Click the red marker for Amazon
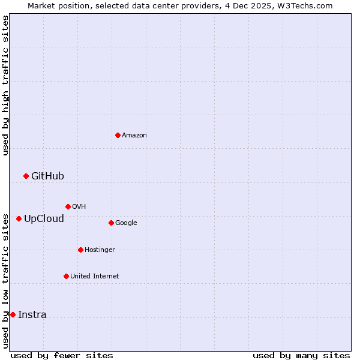click(x=118, y=135)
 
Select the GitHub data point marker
click(x=26, y=176)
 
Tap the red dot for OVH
click(x=68, y=206)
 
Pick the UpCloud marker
click(x=19, y=218)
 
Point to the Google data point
click(x=111, y=223)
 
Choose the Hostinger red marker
click(x=80, y=250)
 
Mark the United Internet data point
click(x=66, y=276)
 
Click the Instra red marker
click(x=13, y=314)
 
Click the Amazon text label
click(x=134, y=136)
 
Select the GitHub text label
click(x=47, y=176)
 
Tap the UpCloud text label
click(x=44, y=218)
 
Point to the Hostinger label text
click(x=100, y=250)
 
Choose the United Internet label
click(x=95, y=277)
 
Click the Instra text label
click(x=32, y=314)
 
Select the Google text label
click(x=126, y=223)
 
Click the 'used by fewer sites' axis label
click(x=62, y=355)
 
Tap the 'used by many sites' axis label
click(x=301, y=355)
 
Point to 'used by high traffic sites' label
click(x=5, y=85)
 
